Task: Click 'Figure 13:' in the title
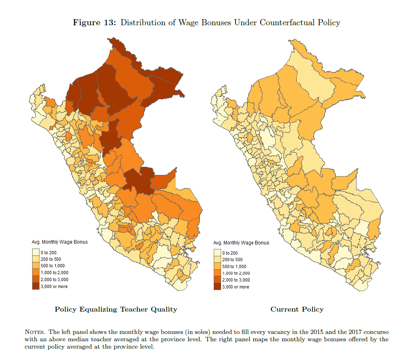click(95, 22)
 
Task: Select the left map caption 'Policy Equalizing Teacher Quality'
click(116, 310)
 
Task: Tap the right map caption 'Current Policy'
click(297, 310)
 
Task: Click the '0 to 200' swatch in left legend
click(36, 253)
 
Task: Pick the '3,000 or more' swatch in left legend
click(36, 286)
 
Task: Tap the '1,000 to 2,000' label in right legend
click(235, 273)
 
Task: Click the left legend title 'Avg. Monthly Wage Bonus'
click(60, 242)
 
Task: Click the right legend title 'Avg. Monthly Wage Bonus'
click(241, 243)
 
